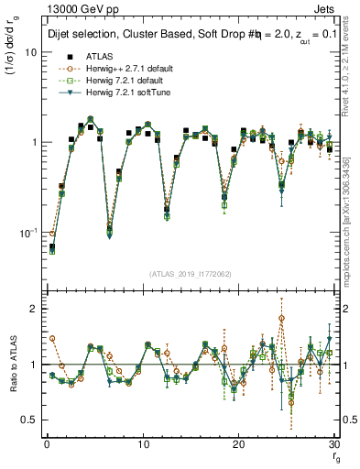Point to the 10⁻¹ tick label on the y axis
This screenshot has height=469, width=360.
point(27,233)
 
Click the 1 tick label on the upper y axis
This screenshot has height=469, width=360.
point(32,143)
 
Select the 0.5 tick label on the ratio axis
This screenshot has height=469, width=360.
point(27,420)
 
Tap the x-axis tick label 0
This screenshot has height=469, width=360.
point(46,444)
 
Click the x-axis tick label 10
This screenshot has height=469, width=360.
point(142,444)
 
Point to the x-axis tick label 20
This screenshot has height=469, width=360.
point(238,444)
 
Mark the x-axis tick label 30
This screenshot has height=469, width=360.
point(334,444)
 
